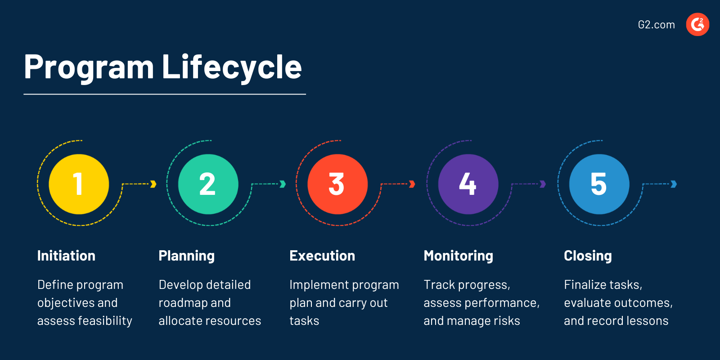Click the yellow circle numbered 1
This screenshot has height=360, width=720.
coord(79,184)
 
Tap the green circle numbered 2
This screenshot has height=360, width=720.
coord(208,184)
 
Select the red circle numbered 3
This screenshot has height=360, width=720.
coord(337,184)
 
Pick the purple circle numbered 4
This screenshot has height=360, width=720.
coord(468,184)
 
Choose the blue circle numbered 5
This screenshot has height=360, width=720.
coord(599,184)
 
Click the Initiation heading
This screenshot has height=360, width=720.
coord(66,256)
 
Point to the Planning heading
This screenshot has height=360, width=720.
coord(186,256)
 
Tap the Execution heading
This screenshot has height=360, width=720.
coord(322,256)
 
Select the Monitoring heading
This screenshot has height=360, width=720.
coord(458,256)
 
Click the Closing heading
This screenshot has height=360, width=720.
coord(588,256)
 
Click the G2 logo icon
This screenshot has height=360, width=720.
coord(697,24)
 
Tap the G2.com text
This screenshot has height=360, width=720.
coord(656,25)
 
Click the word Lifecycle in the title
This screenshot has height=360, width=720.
coord(231,67)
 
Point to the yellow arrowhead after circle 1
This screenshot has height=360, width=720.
coord(153,184)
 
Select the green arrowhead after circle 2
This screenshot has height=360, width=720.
coord(283,184)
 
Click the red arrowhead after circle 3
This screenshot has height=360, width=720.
coord(412,184)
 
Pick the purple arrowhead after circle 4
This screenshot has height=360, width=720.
coord(543,184)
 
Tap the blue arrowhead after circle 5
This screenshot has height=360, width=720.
coord(674,184)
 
